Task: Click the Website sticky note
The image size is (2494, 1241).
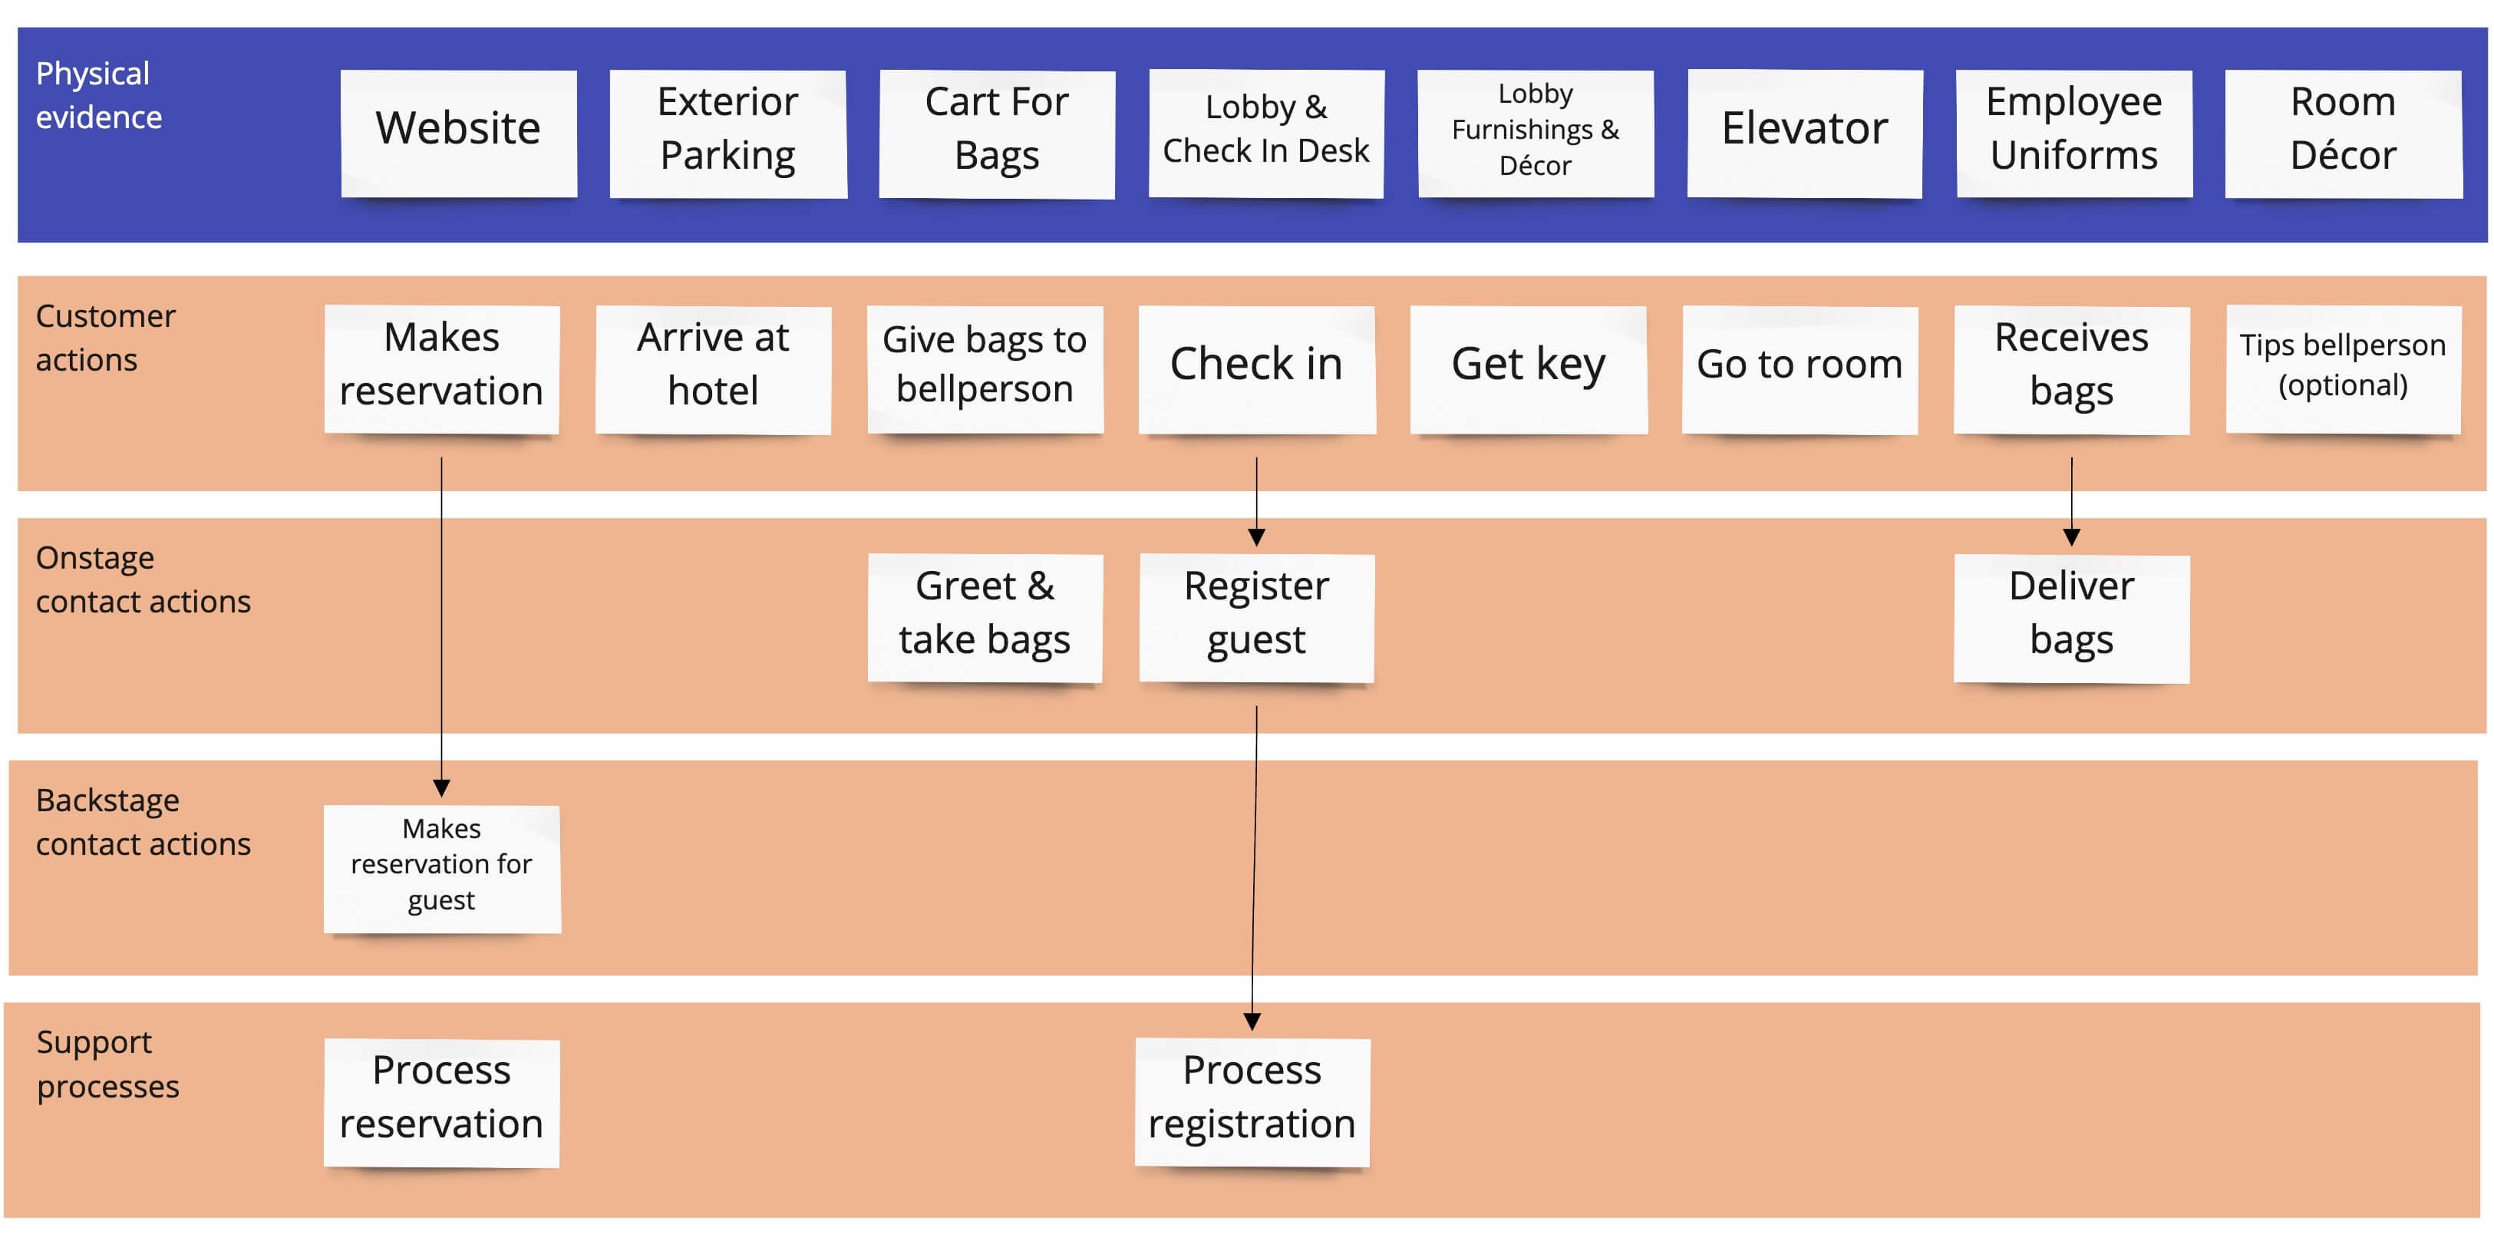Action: pos(459,133)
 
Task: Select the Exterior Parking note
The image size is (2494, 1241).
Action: pos(728,133)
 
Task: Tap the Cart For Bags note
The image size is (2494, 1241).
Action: pos(996,133)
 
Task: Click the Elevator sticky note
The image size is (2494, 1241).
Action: pos(1805,133)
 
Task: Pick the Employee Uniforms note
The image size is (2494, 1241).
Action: pos(2073,133)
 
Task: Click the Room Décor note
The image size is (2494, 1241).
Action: pos(2343,133)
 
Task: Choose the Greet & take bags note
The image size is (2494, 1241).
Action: pos(985,616)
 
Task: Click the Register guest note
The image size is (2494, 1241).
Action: pos(1257,616)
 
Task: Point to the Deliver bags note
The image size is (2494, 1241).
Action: pos(2071,616)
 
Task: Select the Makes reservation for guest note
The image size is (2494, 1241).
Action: pos(441,867)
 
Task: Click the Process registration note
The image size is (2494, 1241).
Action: pos(1252,1101)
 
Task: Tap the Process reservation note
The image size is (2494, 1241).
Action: pos(441,1101)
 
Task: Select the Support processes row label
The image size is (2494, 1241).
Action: pos(107,1064)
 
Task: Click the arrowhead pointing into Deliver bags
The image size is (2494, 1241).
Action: pos(2071,537)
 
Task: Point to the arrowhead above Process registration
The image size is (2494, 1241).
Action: pos(1252,1022)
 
